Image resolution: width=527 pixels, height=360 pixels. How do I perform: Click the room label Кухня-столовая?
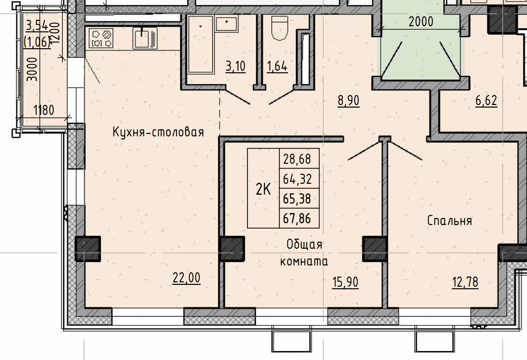click(158, 132)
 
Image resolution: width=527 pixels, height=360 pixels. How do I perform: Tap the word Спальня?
click(449, 221)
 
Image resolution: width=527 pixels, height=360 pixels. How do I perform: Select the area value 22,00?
click(186, 278)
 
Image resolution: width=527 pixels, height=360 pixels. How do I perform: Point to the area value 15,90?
click(345, 282)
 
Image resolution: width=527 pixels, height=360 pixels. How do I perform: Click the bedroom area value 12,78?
click(465, 282)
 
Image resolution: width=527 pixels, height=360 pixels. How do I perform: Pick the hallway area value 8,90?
click(349, 101)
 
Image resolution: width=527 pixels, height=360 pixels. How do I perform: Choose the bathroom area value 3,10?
click(235, 66)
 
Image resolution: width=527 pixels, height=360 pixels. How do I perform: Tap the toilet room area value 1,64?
click(277, 66)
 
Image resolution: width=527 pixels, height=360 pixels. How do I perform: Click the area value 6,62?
click(486, 101)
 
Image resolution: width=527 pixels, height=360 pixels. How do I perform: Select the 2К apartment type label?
click(263, 189)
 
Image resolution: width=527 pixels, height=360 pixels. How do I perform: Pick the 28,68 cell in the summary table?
click(297, 159)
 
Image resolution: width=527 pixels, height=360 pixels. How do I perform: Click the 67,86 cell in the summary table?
click(297, 218)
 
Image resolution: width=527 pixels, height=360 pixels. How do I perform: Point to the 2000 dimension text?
click(421, 22)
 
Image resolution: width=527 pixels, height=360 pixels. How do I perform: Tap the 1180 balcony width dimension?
click(44, 110)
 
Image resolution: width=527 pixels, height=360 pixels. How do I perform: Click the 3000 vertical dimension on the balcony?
click(32, 70)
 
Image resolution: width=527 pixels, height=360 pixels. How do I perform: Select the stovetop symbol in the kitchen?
click(101, 38)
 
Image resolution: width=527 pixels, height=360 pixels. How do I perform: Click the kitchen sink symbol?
click(145, 38)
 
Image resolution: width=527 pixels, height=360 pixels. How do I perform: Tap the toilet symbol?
click(280, 28)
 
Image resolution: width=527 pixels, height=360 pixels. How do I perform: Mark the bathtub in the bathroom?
click(200, 44)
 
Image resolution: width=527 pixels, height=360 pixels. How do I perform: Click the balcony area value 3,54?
click(37, 26)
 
